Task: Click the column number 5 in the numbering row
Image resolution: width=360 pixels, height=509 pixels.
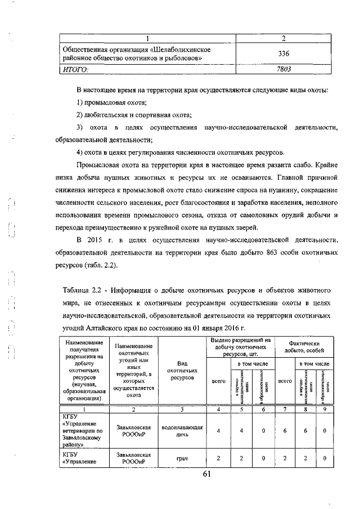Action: click(x=240, y=409)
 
